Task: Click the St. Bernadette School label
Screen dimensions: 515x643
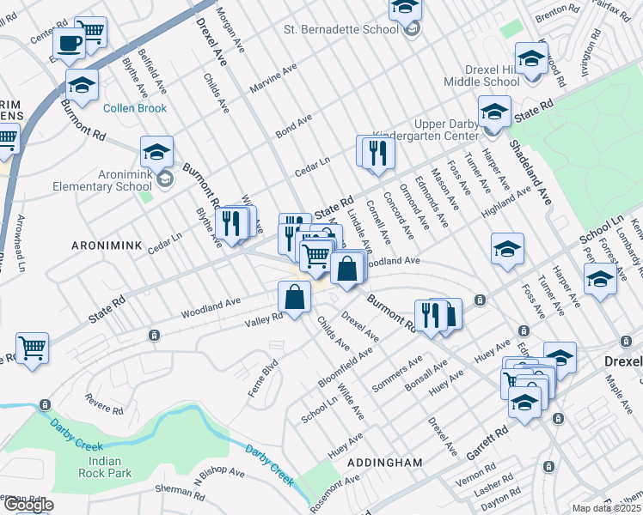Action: pos(341,29)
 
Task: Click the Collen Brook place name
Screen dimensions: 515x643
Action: pos(135,108)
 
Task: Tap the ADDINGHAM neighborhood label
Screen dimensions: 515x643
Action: pos(384,462)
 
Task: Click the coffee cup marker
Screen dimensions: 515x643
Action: pos(68,42)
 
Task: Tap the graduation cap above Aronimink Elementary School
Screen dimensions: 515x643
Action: pos(157,151)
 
